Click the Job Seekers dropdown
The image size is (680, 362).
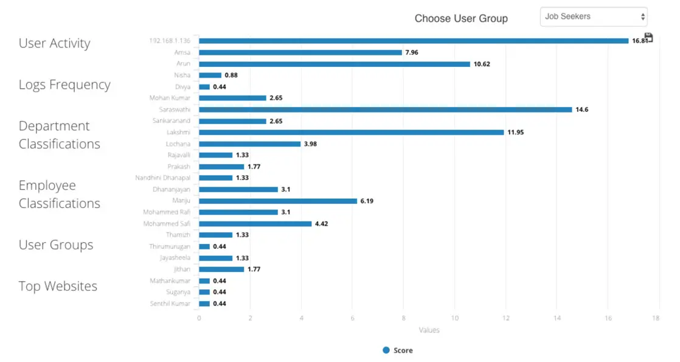pyautogui.click(x=593, y=17)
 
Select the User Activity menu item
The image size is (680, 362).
pyautogui.click(x=54, y=43)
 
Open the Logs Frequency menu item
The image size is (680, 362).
pyautogui.click(x=64, y=85)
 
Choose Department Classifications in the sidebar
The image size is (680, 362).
pyautogui.click(x=59, y=135)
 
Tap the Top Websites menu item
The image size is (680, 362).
pyautogui.click(x=58, y=286)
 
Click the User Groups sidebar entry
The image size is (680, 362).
pyautogui.click(x=56, y=245)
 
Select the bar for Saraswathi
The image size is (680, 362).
pyautogui.click(x=385, y=110)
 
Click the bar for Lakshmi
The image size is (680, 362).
pyautogui.click(x=351, y=132)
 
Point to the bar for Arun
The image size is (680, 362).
pyautogui.click(x=334, y=64)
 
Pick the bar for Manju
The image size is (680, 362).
pyautogui.click(x=277, y=201)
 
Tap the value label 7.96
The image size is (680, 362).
pyautogui.click(x=412, y=52)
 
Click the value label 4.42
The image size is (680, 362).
pyautogui.click(x=322, y=224)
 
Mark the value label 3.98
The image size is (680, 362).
pyautogui.click(x=310, y=144)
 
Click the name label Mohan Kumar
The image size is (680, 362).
pyautogui.click(x=170, y=98)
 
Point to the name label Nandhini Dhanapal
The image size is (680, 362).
pyautogui.click(x=162, y=178)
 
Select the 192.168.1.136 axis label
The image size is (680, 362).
pyautogui.click(x=170, y=41)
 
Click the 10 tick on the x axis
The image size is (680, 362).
pyautogui.click(x=454, y=318)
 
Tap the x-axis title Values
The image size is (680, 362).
pyautogui.click(x=429, y=330)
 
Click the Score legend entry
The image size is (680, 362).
pyautogui.click(x=398, y=350)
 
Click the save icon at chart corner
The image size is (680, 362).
pyautogui.click(x=648, y=38)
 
